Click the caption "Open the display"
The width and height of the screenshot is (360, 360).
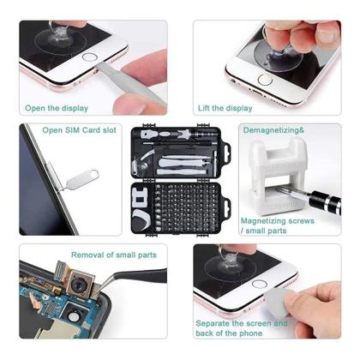[57, 108]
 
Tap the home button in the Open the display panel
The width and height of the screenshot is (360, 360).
[89, 57]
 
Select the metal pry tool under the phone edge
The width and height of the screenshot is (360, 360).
[129, 83]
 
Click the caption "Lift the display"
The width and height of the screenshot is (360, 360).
[225, 108]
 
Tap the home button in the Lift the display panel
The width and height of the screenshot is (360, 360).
[265, 80]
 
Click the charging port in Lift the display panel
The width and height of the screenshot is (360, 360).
[256, 93]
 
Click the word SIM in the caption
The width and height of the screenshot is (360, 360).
[72, 130]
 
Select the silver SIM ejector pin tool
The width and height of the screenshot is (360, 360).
[81, 180]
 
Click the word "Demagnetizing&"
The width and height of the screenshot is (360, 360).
[273, 130]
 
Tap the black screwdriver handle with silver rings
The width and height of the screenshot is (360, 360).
[326, 201]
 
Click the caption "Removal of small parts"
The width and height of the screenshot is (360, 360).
[114, 255]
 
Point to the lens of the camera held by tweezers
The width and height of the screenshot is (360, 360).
[77, 285]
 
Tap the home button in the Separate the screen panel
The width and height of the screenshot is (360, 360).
[260, 284]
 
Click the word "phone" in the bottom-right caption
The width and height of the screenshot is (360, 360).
[251, 333]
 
